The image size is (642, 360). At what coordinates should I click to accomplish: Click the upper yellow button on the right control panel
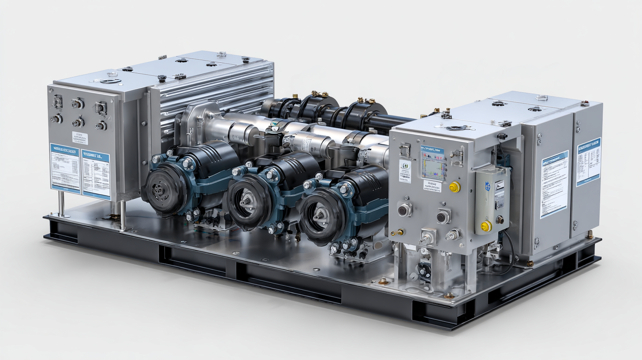click(x=455, y=187)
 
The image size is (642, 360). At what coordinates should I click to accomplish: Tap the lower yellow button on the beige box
click(x=486, y=226)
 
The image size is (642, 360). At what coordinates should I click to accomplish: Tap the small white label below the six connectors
click(x=80, y=138)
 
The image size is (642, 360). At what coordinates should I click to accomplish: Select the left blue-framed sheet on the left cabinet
click(x=65, y=168)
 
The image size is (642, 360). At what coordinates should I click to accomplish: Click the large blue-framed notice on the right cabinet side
click(x=554, y=184)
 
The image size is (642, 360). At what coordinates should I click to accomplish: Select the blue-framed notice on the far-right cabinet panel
click(x=588, y=161)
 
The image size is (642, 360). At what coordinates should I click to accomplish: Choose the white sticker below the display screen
click(x=432, y=186)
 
